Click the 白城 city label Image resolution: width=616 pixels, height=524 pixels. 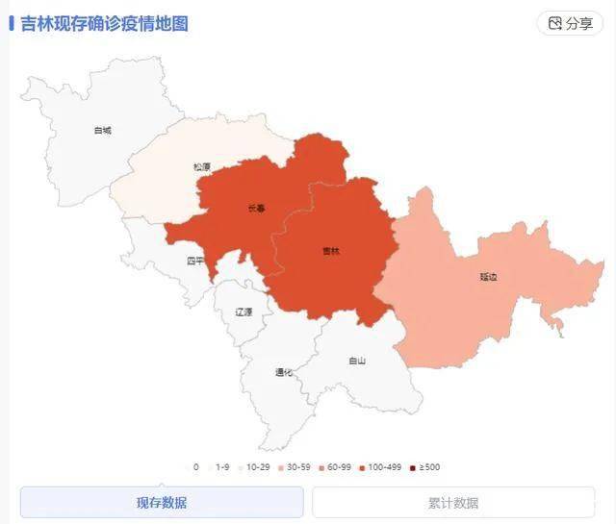coord(103,130)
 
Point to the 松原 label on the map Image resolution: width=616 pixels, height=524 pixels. coord(201,166)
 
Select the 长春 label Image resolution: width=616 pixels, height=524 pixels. coord(255,208)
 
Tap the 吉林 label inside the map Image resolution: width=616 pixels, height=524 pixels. coord(331,251)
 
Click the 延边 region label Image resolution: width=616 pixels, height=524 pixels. coord(489,277)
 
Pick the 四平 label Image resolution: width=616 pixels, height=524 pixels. coord(195,261)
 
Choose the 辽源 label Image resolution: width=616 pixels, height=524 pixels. coord(244,312)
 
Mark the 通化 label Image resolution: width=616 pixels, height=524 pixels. coord(284,372)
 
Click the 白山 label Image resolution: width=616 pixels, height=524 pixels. coord(357,361)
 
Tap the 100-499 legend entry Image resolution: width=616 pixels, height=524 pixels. coord(382,467)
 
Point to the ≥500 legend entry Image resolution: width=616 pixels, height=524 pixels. coord(425,467)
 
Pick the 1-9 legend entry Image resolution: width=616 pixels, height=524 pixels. coord(221,467)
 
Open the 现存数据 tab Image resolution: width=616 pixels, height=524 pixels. coord(162,503)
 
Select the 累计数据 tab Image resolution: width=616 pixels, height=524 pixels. coord(453,503)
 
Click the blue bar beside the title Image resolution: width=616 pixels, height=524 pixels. coord(12,22)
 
